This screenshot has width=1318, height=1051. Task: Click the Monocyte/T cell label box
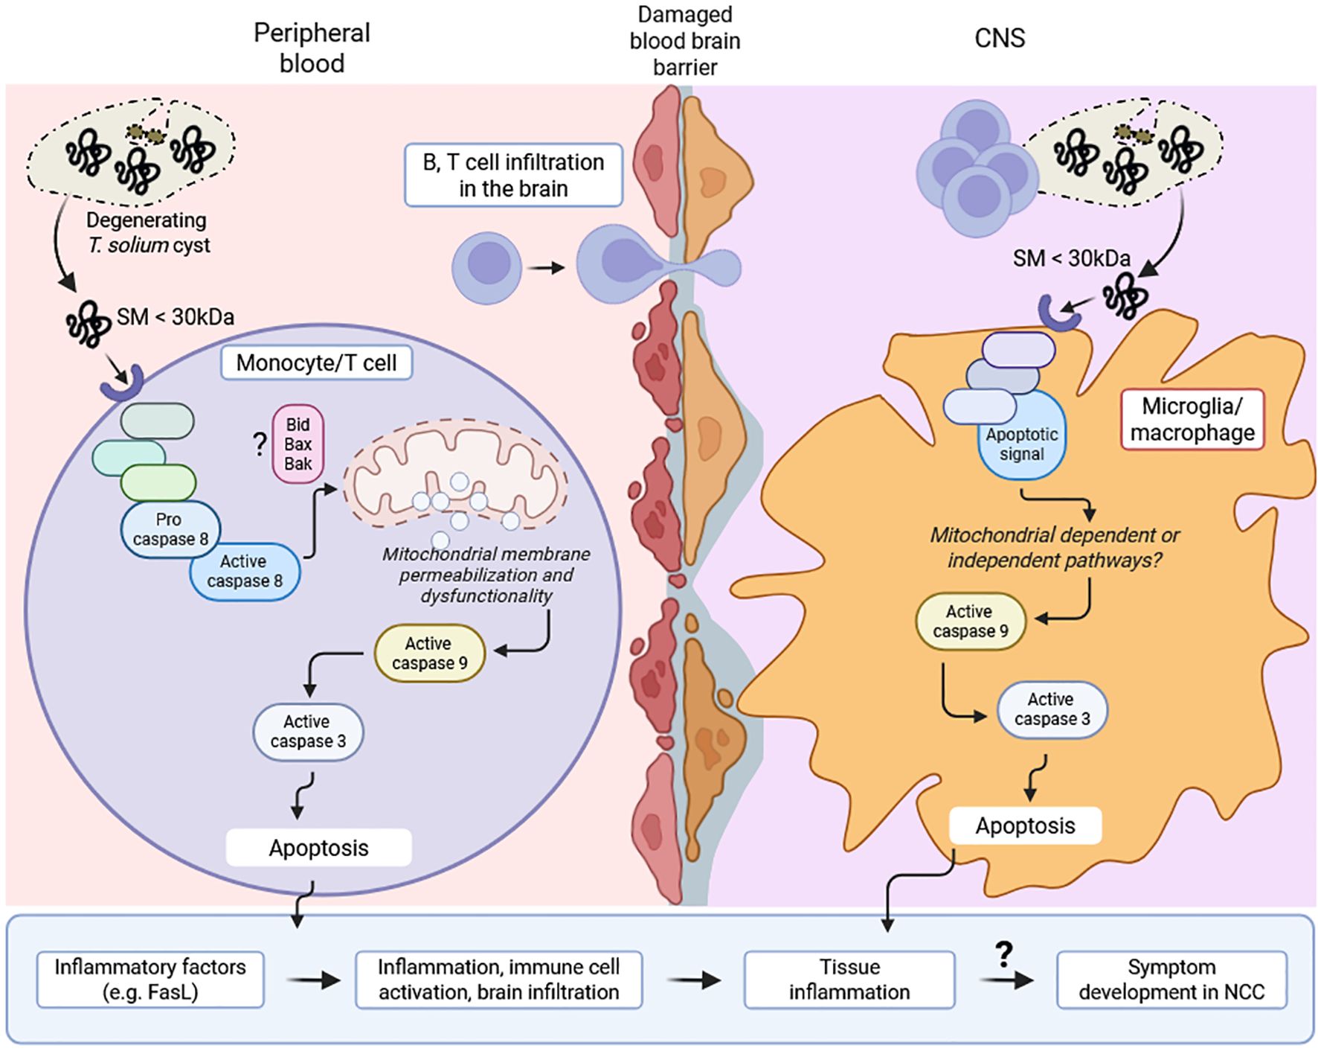click(316, 362)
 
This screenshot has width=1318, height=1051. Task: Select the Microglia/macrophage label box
click(1192, 419)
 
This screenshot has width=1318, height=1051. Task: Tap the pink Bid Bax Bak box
click(298, 444)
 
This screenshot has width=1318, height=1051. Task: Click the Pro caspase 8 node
click(170, 529)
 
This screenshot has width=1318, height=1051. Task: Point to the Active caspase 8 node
click(245, 571)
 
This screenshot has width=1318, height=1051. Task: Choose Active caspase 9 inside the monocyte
click(430, 653)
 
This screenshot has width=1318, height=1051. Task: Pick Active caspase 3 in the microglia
click(1052, 709)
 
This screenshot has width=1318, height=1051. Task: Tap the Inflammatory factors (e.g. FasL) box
click(150, 979)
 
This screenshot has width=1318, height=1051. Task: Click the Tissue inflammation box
click(849, 979)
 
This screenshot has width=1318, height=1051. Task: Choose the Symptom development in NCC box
click(1171, 979)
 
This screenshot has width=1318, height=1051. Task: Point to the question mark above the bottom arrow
click(1004, 953)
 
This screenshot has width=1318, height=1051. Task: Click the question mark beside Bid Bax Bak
click(260, 444)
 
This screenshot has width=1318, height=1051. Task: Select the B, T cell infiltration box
click(513, 175)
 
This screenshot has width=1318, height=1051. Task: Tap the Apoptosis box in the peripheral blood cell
click(318, 848)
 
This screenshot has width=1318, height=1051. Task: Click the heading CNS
click(1000, 38)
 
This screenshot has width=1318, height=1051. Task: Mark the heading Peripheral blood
click(312, 48)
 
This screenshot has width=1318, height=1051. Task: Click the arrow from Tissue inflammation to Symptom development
click(1006, 980)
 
